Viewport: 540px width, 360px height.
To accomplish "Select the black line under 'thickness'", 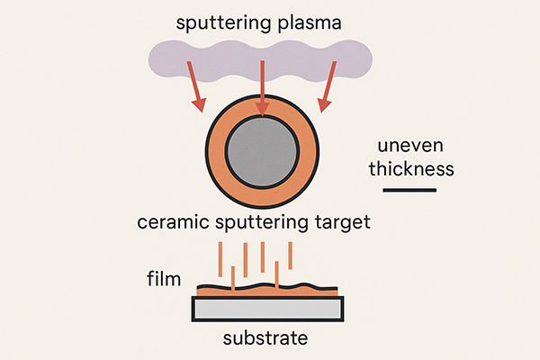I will [x=409, y=190].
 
